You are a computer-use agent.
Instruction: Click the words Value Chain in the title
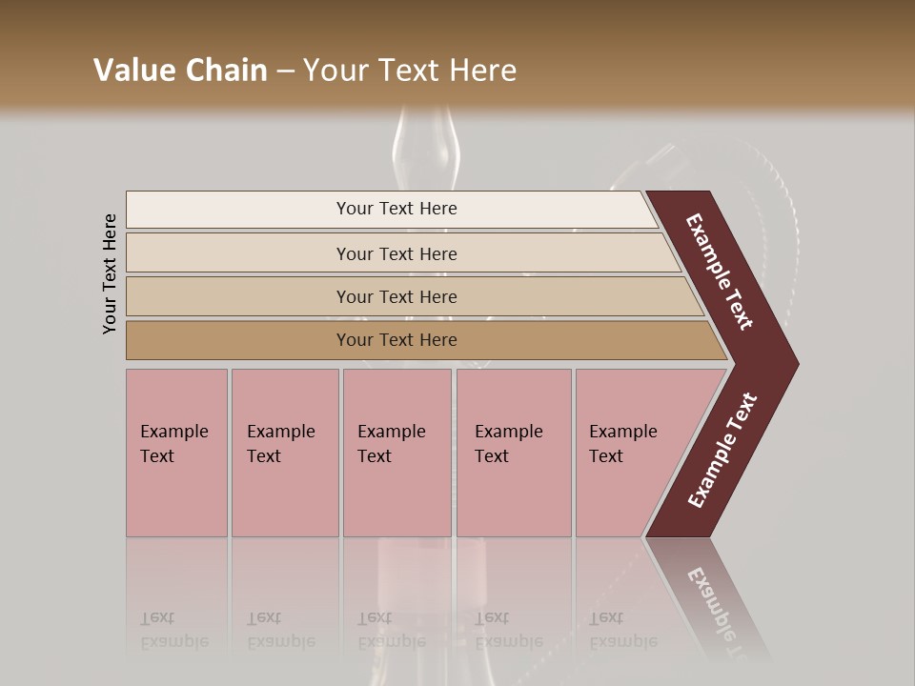click(180, 71)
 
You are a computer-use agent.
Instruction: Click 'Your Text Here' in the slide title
click(410, 71)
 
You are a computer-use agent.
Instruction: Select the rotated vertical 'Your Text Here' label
click(110, 273)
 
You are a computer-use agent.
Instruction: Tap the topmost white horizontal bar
click(396, 209)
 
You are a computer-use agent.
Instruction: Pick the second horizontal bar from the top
click(396, 253)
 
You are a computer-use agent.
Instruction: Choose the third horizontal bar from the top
click(396, 296)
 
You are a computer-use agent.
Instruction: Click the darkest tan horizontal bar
click(396, 340)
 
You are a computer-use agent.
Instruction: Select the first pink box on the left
click(176, 453)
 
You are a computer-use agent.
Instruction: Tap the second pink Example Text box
click(284, 453)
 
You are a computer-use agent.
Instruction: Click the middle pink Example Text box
click(396, 453)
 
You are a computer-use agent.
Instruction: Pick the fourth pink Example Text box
click(513, 453)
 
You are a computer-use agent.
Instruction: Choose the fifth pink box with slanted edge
click(629, 453)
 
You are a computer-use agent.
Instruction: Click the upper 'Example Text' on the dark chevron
click(720, 272)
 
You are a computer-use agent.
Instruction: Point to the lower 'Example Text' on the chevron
click(722, 451)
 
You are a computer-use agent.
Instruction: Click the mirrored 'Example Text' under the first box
click(173, 630)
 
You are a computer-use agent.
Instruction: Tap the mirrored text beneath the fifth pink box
click(622, 630)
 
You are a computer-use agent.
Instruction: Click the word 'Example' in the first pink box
click(173, 432)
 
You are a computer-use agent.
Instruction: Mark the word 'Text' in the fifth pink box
click(606, 456)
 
